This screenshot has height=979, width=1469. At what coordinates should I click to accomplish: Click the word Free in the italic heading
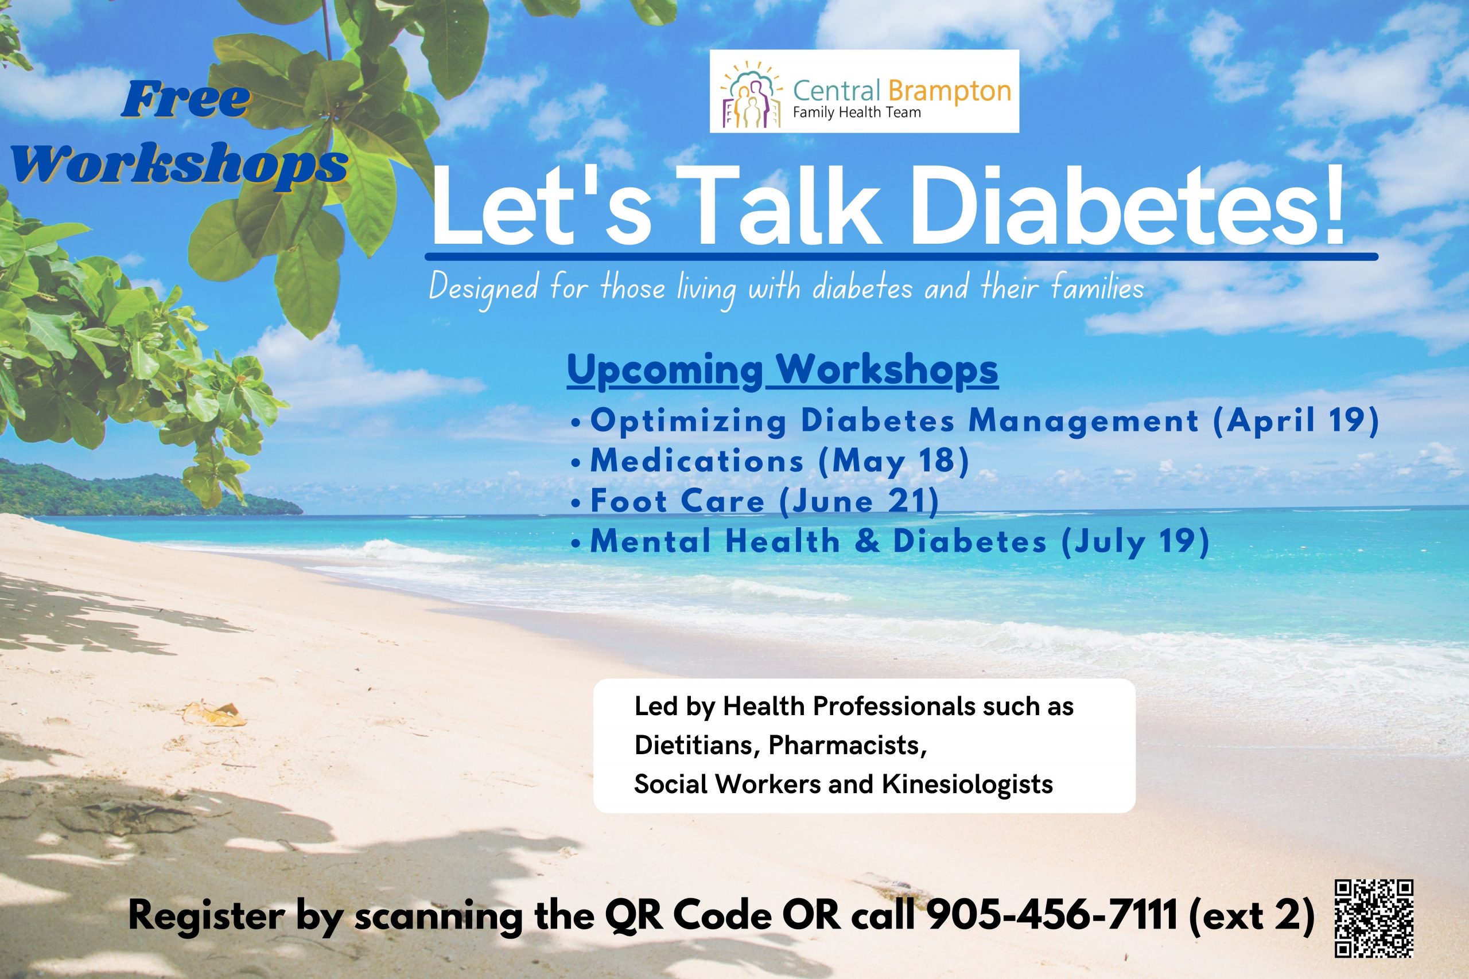tap(185, 100)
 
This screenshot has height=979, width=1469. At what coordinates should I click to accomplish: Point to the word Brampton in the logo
tap(948, 91)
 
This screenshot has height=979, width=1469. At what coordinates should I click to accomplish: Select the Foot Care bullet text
tap(677, 501)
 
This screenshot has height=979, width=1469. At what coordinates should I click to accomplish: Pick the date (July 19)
tap(1135, 541)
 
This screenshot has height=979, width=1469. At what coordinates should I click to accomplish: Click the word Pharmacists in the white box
tap(848, 745)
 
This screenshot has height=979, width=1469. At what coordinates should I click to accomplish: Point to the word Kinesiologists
tap(967, 784)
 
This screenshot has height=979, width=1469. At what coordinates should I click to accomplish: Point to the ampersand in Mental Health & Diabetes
tap(867, 541)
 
